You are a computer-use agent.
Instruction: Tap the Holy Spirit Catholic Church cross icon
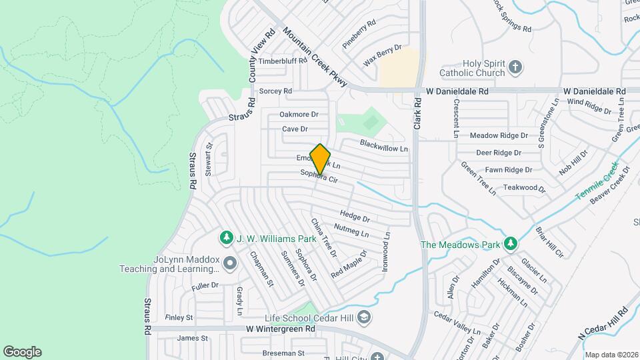point(515,67)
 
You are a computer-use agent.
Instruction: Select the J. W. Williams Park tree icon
point(227,237)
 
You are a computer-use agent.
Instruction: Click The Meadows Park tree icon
point(510,244)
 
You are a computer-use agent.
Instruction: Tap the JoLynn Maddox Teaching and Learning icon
point(230,263)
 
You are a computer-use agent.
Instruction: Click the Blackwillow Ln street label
point(383,145)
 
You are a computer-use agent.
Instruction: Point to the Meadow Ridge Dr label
point(499,135)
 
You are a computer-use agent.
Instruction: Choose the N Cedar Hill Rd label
point(604,321)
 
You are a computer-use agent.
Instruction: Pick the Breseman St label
point(283,353)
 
